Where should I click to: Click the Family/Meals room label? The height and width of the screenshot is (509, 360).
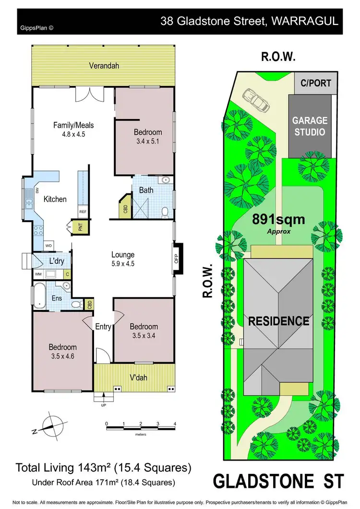pos(73,126)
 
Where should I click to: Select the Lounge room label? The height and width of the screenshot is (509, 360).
pos(123,255)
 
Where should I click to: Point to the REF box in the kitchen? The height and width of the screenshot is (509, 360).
pos(83,212)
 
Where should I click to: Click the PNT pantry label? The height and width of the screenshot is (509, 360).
pos(74,227)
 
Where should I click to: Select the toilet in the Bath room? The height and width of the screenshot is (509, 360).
pos(165,211)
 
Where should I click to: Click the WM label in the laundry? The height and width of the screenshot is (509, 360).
pos(37,274)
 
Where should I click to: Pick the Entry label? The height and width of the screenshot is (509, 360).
pos(103,327)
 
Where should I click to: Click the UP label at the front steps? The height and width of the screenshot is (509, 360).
pos(104,405)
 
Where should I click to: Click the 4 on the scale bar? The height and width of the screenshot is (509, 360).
pos(175,424)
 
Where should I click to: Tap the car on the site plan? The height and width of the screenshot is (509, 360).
pos(255,99)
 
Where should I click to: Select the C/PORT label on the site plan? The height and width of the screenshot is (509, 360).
pos(316,83)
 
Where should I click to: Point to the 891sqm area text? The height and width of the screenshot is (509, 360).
pos(278,220)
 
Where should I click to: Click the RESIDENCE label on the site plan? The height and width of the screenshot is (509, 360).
pos(278,321)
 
